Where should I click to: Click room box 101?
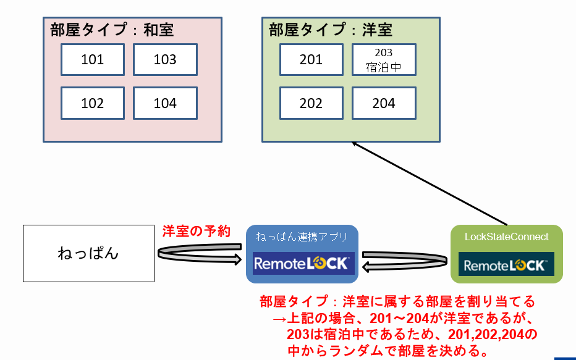pos(93,59)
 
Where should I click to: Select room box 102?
pos(93,103)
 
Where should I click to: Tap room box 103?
pos(165,59)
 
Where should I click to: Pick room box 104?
pos(165,103)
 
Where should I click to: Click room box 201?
pos(311,59)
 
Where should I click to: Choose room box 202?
pos(311,103)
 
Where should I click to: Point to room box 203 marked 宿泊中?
pos(384,59)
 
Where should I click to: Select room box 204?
pos(384,103)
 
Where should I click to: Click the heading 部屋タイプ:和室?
pos(112,30)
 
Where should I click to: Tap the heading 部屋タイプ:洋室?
pos(331,30)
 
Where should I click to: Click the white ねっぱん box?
pos(88,254)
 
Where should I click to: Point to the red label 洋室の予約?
pos(197,231)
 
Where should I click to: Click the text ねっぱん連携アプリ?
pos(302,237)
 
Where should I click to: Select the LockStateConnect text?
pos(507,237)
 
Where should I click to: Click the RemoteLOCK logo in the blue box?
pos(303,264)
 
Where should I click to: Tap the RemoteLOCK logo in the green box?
pos(506,264)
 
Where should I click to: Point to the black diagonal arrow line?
pos(430,183)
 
